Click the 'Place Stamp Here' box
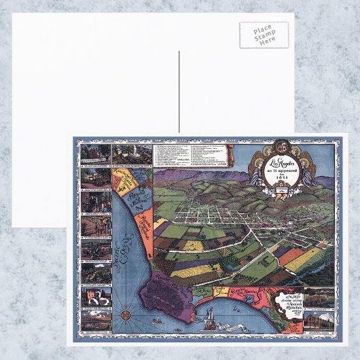(264, 35)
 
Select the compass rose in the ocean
(126, 316)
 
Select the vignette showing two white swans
(95, 296)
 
